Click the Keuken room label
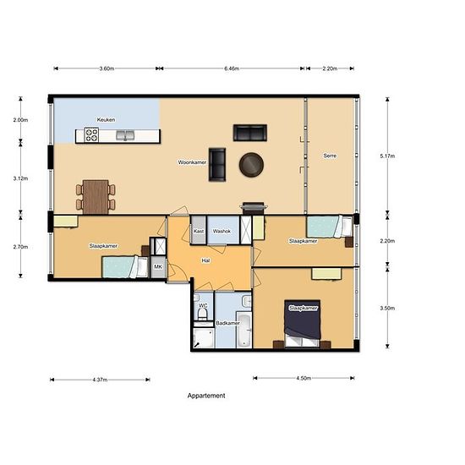point(106,120)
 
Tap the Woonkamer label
point(192,162)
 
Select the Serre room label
point(330,156)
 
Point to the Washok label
point(222,231)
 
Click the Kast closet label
point(199,231)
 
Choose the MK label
point(158,266)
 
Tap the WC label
point(203,305)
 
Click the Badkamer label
point(227,323)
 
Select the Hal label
point(205,260)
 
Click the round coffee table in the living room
point(251,165)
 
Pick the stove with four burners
point(91,135)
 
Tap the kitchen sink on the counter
point(125,135)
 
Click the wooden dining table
point(96,197)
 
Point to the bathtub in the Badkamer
point(244,330)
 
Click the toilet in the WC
point(203,314)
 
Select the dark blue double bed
point(302,324)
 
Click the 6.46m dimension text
point(232,68)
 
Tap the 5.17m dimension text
point(387,156)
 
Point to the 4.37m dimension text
point(100,380)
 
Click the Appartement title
point(206,396)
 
